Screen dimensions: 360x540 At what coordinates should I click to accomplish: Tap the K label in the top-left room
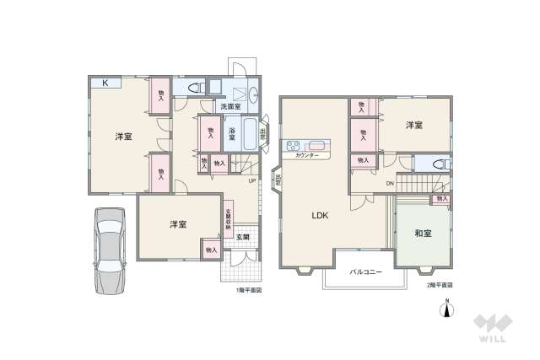[105, 83]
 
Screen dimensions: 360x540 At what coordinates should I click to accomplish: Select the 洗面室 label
[230, 107]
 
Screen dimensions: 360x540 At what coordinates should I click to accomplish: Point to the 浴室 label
[231, 133]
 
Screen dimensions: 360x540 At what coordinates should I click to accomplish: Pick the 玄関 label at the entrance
[242, 236]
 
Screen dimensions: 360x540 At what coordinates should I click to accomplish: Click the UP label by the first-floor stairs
[251, 180]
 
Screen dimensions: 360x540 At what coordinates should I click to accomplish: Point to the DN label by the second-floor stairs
[390, 183]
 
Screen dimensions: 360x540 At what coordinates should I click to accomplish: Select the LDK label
[320, 215]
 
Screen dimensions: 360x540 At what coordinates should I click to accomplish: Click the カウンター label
[307, 156]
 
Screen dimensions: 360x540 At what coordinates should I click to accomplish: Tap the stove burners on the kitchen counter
[294, 145]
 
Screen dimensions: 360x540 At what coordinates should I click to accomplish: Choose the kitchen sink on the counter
[317, 145]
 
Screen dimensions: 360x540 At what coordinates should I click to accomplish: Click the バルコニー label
[365, 271]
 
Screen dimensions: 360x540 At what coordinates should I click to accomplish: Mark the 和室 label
[424, 234]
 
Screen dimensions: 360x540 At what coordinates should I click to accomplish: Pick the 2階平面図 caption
[439, 286]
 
